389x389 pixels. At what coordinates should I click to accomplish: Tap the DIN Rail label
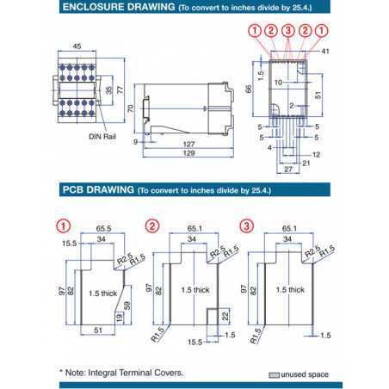pyautogui.click(x=102, y=136)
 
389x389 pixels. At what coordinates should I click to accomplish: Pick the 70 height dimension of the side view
pyautogui.click(x=130, y=108)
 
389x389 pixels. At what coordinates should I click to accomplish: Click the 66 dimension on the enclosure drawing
pyautogui.click(x=249, y=89)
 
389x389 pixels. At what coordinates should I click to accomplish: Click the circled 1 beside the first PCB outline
pyautogui.click(x=63, y=227)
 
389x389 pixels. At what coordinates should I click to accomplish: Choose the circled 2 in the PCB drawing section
pyautogui.click(x=152, y=227)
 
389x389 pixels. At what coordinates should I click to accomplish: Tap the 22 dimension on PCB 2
pyautogui.click(x=226, y=318)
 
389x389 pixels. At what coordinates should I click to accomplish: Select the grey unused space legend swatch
pyautogui.click(x=275, y=375)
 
